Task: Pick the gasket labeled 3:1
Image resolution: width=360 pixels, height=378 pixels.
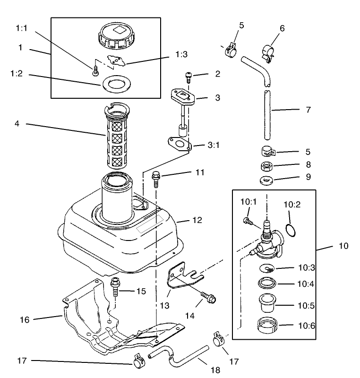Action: pos(179,142)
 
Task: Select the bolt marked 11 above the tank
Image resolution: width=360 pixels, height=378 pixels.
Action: pos(155,180)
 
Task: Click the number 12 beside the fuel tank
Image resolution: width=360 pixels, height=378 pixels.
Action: pos(197,220)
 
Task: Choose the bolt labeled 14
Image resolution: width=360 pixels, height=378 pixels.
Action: pos(208,297)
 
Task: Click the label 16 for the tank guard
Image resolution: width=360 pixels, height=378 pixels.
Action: pos(24,320)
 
